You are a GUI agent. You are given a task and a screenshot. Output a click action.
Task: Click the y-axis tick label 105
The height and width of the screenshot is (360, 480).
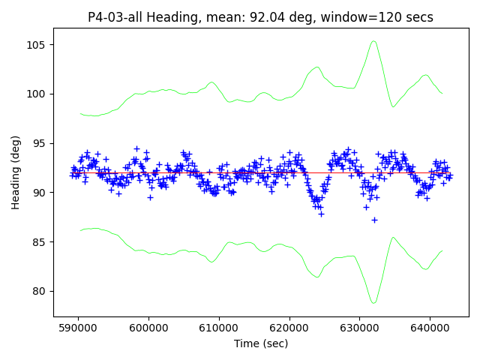pos(39,45)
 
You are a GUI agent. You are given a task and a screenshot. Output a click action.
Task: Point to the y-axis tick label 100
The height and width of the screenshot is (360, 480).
pos(39,94)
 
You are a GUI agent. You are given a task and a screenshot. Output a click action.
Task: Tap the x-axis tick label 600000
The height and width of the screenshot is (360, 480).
pos(148,328)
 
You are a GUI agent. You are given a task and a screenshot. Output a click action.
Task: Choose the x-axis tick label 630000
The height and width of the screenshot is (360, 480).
pos(359,328)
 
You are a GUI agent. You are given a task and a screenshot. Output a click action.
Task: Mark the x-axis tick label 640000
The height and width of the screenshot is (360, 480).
pos(430,328)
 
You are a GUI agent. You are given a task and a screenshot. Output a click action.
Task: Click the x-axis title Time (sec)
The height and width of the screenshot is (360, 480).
pos(261,343)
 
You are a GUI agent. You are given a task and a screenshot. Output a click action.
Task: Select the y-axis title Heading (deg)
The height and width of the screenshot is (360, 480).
pos(16,172)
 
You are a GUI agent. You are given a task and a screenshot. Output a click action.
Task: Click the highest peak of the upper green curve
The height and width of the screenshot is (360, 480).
pos(373,41)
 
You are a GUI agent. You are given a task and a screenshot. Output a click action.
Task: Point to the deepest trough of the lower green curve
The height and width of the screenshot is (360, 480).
pos(373,303)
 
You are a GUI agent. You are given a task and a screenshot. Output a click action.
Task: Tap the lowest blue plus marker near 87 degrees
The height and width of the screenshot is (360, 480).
pos(374,220)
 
